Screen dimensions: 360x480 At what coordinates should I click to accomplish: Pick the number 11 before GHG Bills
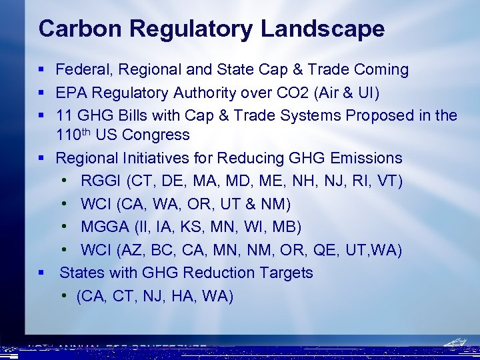(65, 115)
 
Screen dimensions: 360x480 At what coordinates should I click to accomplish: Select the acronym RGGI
(101, 181)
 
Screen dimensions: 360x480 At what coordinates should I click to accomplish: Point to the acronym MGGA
(103, 227)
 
